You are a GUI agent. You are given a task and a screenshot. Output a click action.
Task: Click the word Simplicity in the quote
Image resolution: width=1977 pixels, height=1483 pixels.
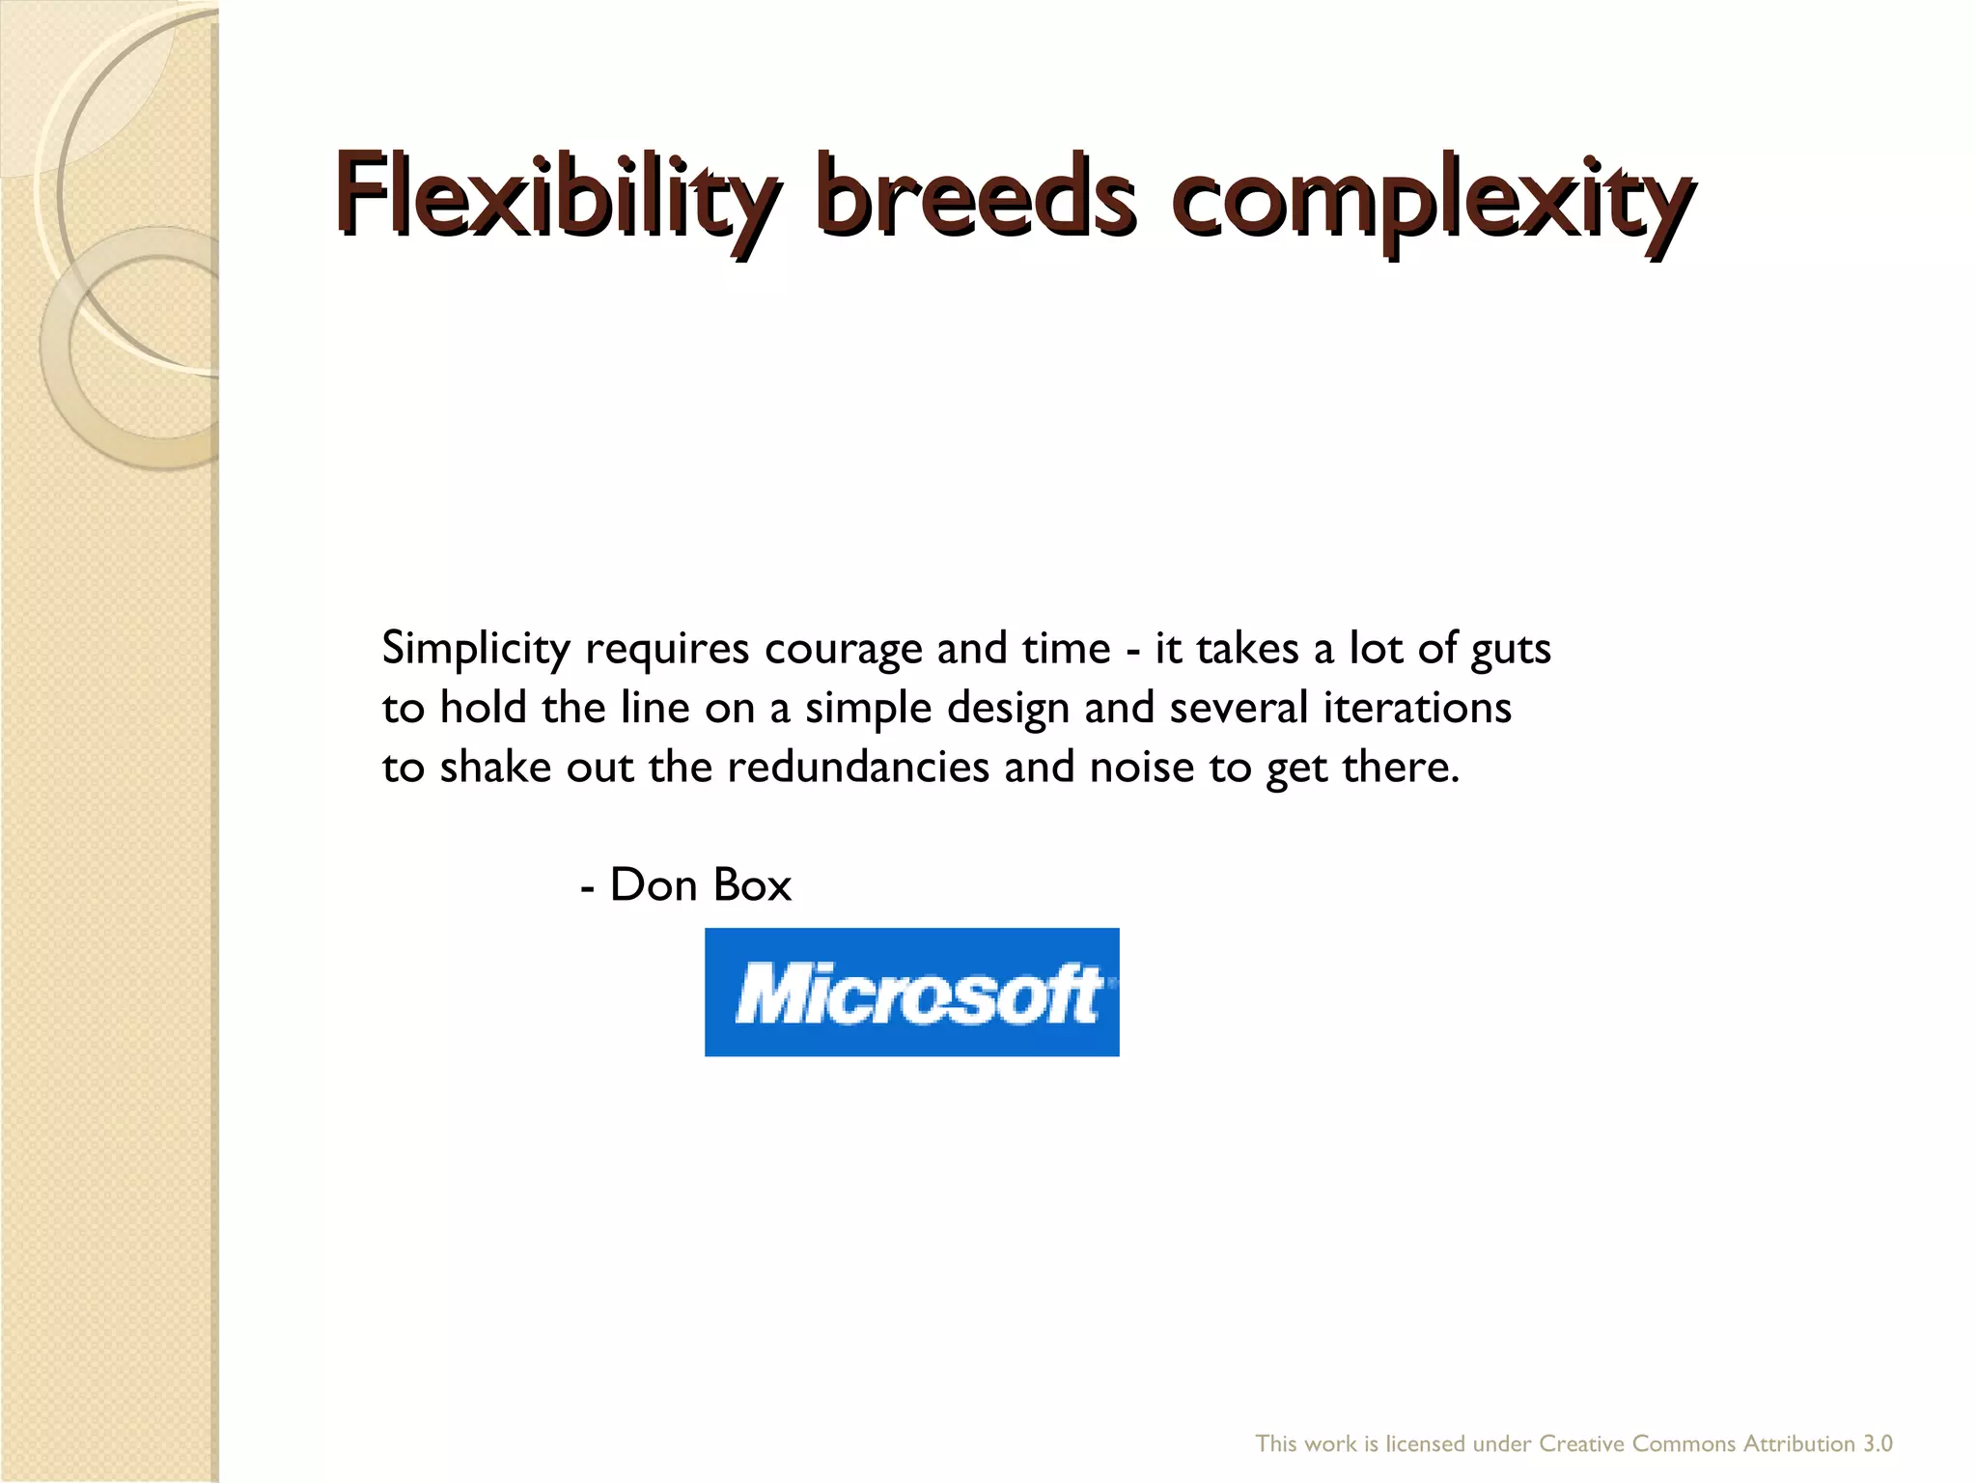[476, 650]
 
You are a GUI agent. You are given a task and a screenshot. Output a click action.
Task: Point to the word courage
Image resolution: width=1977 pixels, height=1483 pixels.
[843, 650]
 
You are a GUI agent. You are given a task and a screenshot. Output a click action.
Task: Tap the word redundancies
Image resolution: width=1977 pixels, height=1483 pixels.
[858, 768]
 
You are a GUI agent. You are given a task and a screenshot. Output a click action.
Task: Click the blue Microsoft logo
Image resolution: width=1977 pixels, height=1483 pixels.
[911, 992]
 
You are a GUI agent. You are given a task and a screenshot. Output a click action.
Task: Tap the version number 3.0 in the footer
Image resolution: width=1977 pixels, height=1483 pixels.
[1877, 1443]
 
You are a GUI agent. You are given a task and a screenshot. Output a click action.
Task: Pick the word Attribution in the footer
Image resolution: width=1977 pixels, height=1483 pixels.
[1798, 1443]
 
